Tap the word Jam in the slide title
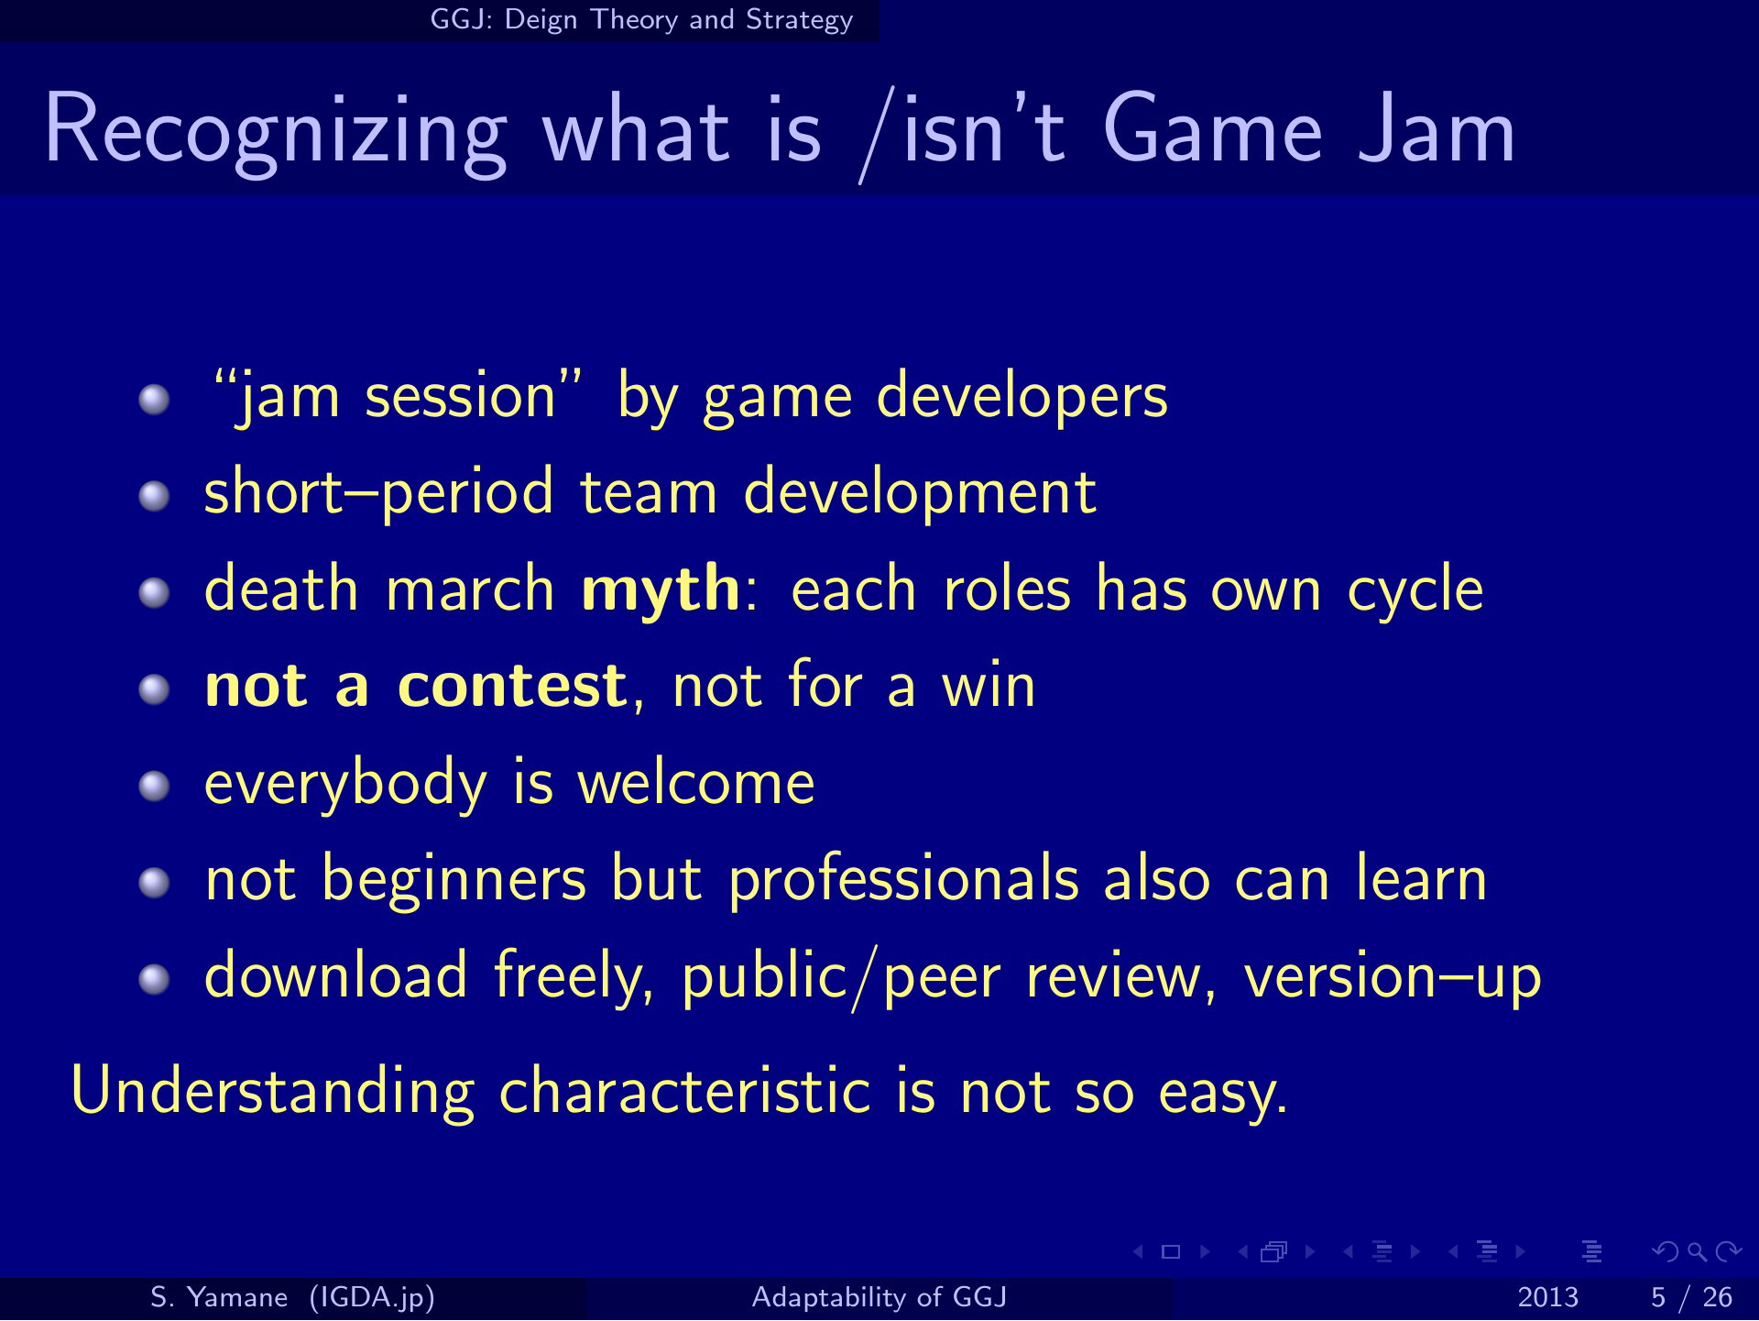click(1436, 130)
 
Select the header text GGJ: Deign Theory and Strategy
click(641, 19)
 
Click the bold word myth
click(661, 590)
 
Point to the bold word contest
click(512, 686)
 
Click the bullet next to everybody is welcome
click(155, 785)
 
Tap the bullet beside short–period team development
click(155, 495)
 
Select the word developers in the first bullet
click(1022, 398)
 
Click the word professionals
click(903, 880)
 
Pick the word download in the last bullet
click(336, 974)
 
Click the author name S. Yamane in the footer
click(219, 1298)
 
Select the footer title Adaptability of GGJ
click(879, 1298)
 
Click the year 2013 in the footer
click(1548, 1298)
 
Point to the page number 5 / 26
click(1691, 1298)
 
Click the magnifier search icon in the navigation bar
click(1697, 1251)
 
